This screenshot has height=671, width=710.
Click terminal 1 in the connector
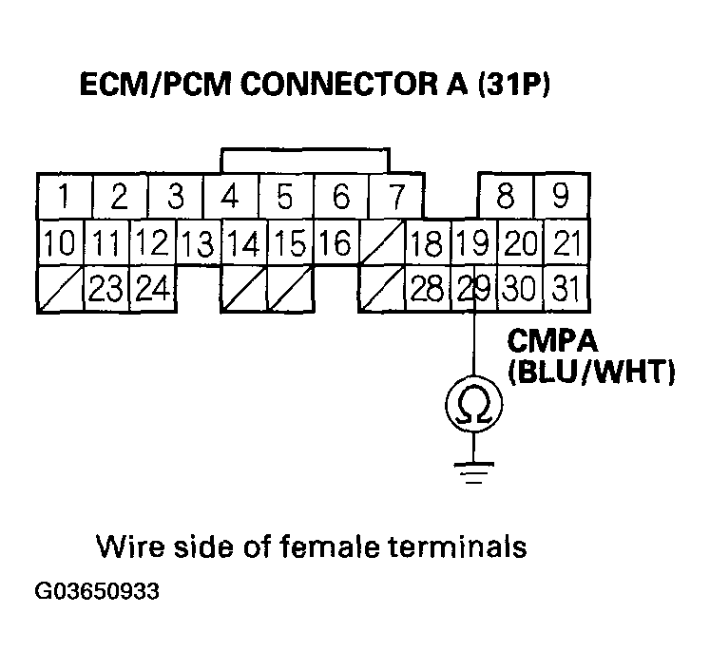pyautogui.click(x=63, y=197)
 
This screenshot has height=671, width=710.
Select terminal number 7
pyautogui.click(x=395, y=197)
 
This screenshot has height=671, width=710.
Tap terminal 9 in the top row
pyautogui.click(x=561, y=197)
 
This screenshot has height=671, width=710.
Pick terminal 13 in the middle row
pyautogui.click(x=198, y=243)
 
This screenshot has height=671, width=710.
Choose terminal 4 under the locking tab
pyautogui.click(x=229, y=197)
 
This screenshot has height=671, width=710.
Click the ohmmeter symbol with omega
pyautogui.click(x=473, y=407)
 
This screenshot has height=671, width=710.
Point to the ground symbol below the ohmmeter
pyautogui.click(x=473, y=470)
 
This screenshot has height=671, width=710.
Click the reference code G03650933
pyautogui.click(x=97, y=592)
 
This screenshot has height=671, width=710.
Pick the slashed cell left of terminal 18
pyautogui.click(x=382, y=243)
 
